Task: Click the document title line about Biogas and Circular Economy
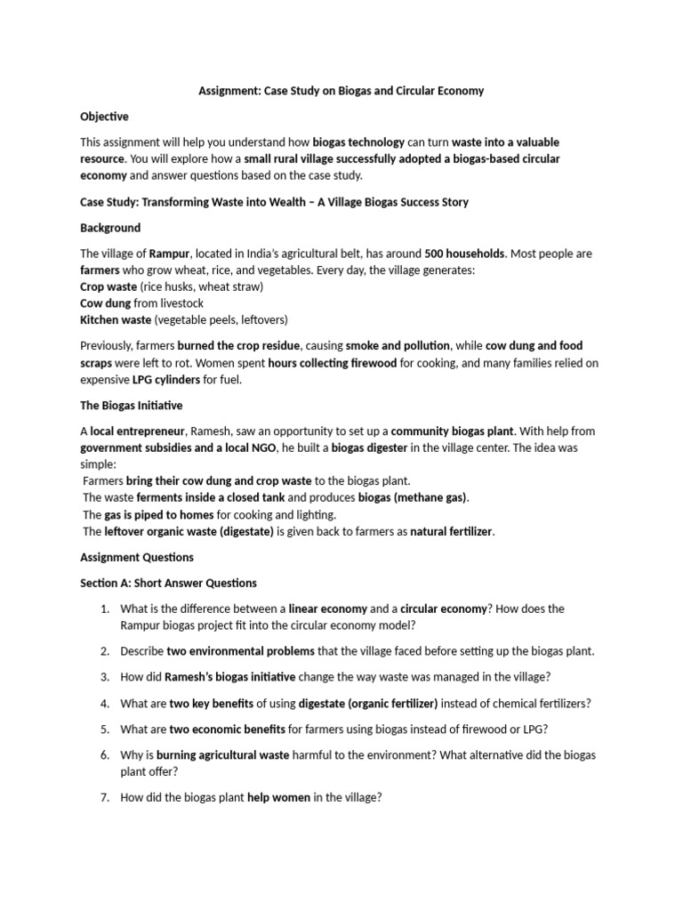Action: coord(341,91)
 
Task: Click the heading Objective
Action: coord(104,117)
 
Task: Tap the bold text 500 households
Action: coord(465,254)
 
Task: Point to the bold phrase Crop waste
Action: coord(108,286)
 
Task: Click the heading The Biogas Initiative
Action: coord(131,405)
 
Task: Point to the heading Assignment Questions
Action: coord(137,557)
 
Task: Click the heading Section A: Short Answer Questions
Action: coord(168,583)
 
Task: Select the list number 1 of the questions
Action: coord(104,609)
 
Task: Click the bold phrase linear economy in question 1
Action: coord(328,609)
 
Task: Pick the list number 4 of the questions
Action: coord(104,703)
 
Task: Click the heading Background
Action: coord(110,228)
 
